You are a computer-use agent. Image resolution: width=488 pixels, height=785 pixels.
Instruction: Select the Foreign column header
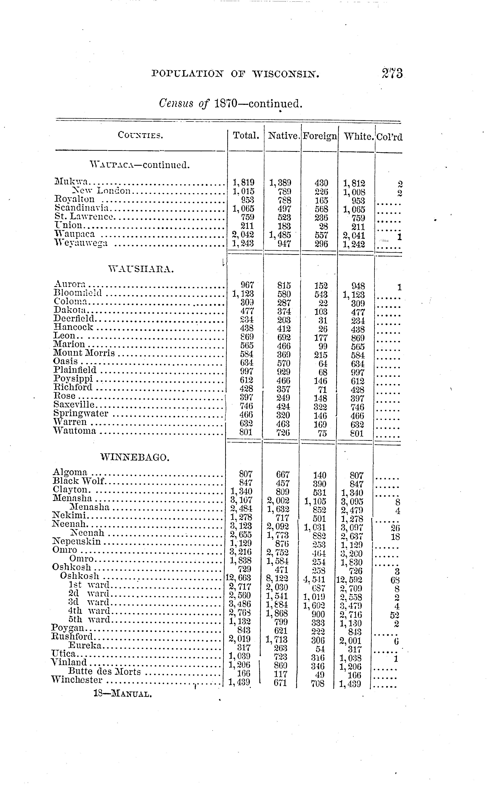click(x=319, y=136)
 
